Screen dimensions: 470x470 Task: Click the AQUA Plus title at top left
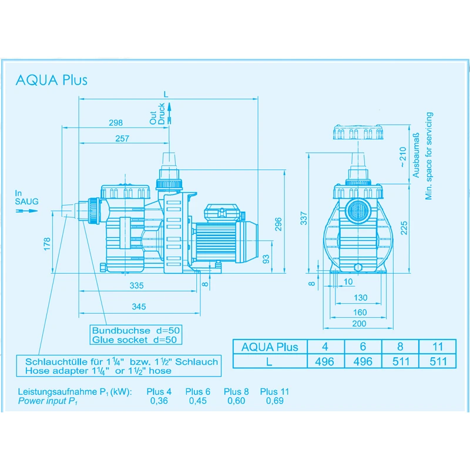52,80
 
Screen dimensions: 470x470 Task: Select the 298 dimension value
116,123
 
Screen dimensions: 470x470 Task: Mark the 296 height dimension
279,223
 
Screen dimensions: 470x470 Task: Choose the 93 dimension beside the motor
266,258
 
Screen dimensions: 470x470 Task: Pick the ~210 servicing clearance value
402,156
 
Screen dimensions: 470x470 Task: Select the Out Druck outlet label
157,114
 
